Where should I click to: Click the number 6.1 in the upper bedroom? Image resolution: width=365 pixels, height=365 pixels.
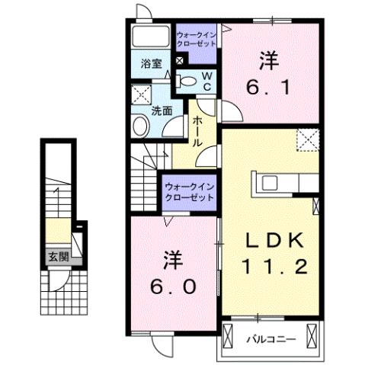(267, 88)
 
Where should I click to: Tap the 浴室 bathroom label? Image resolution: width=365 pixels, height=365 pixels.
(151, 64)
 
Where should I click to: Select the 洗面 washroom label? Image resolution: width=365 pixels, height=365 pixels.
(161, 110)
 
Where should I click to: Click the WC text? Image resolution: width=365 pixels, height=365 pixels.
(207, 82)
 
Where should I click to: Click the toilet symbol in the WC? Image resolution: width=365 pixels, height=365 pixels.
(187, 80)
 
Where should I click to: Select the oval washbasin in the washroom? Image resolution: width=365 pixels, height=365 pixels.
(139, 126)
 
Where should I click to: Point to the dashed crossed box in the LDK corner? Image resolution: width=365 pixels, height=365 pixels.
(308, 139)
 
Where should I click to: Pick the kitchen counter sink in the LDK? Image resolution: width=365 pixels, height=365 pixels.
(271, 182)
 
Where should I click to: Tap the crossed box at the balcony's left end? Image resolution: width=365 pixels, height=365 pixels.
(232, 333)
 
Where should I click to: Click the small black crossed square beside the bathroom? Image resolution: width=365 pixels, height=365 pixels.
(180, 61)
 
